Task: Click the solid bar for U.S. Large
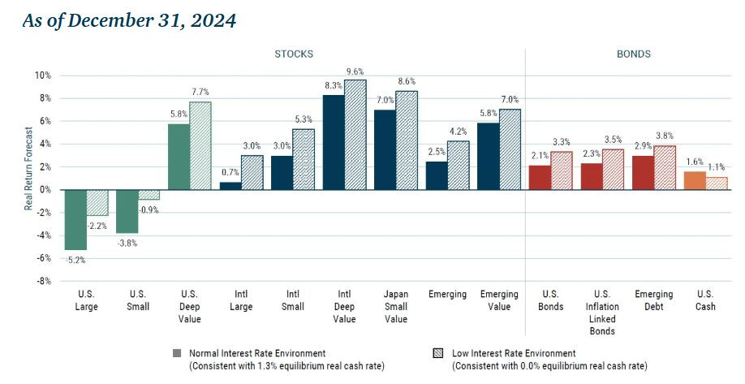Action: click(75, 219)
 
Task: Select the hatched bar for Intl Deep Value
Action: click(355, 135)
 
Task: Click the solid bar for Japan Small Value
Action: click(385, 149)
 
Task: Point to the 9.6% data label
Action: click(355, 71)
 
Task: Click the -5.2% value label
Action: click(75, 260)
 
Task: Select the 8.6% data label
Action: click(407, 82)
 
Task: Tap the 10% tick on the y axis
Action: click(41, 76)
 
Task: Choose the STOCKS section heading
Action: click(293, 54)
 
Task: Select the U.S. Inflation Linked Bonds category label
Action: click(601, 312)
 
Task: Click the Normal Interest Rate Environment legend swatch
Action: click(176, 354)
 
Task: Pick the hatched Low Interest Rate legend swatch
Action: click(439, 354)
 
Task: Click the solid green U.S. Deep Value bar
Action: click(179, 157)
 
